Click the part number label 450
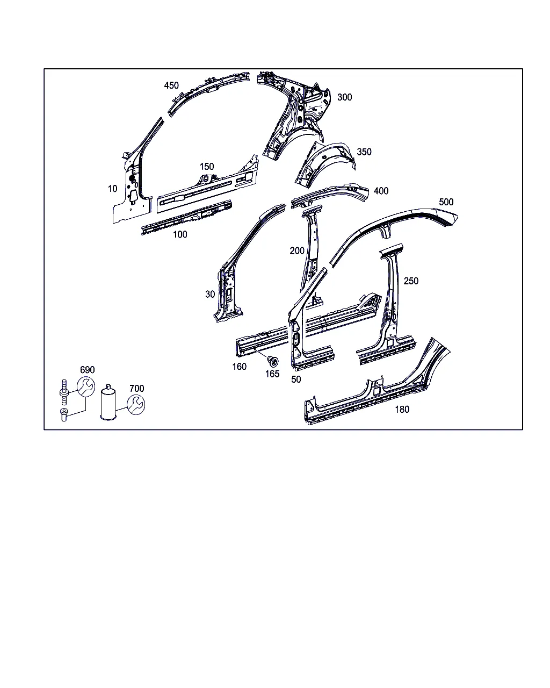[171, 85]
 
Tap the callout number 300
[344, 97]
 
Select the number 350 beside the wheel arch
[364, 152]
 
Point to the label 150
[207, 167]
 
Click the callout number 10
[112, 189]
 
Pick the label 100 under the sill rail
[180, 234]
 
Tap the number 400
[381, 191]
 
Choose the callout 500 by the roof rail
[446, 202]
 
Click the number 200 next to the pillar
[297, 250]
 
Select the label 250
[411, 281]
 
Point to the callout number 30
[210, 294]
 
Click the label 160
[240, 367]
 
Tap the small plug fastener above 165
[273, 361]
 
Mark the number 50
[296, 379]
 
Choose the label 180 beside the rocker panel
[402, 409]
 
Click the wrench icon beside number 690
[86, 386]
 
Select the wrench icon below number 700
[136, 405]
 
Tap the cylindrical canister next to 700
[108, 402]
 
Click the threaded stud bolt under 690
[64, 392]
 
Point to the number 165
[272, 374]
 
